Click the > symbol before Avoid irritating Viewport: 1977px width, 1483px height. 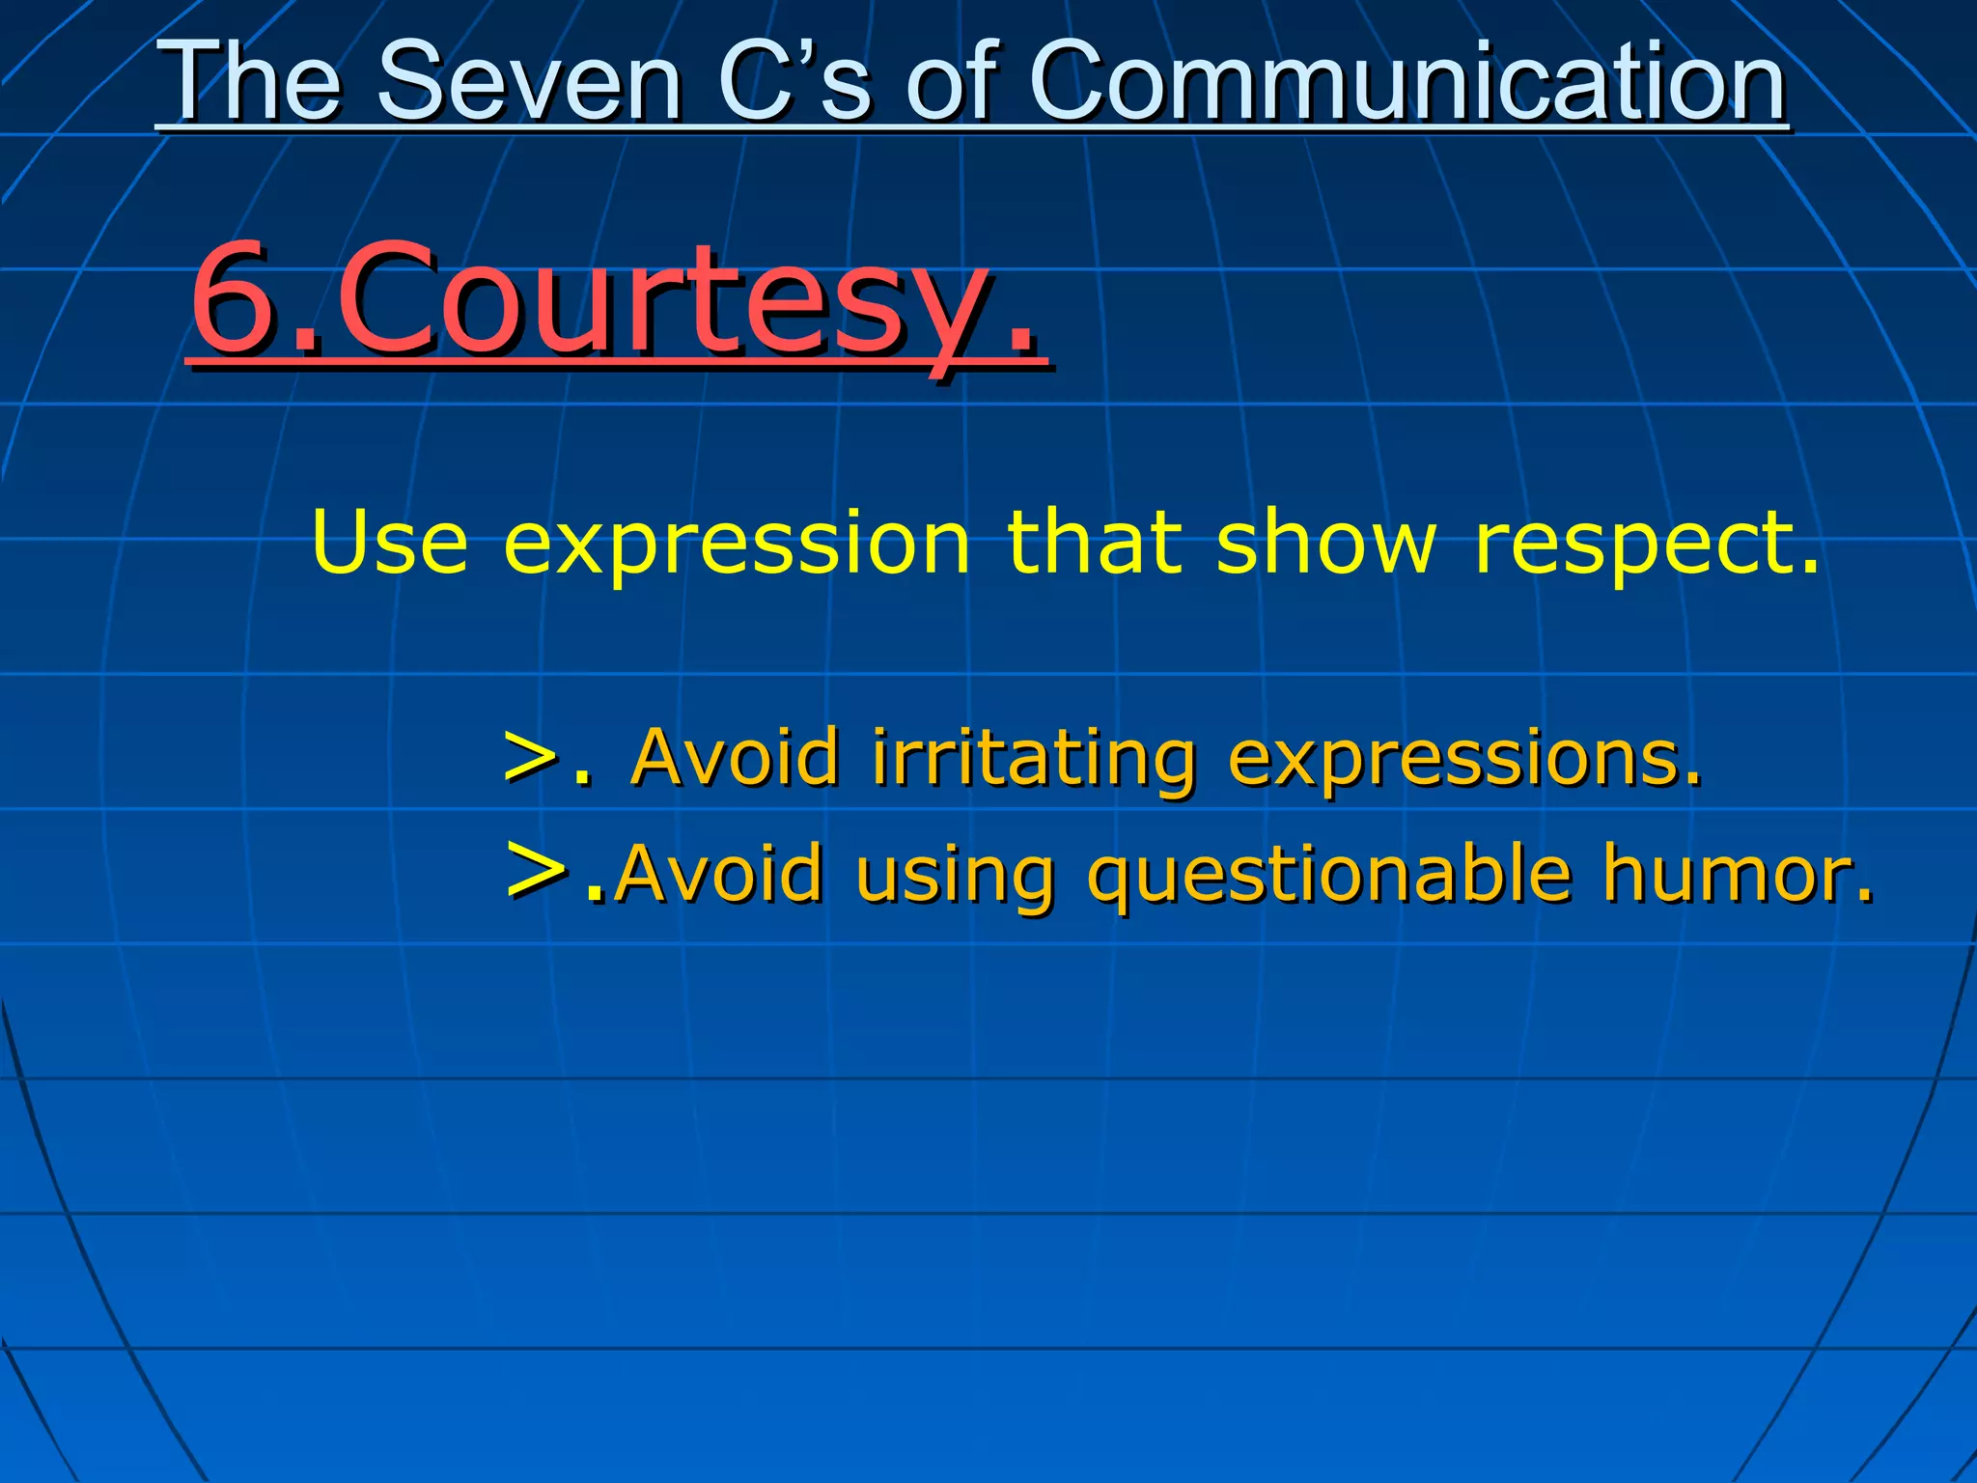[533, 759]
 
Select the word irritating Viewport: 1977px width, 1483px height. [1034, 759]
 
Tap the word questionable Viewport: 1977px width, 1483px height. [1328, 875]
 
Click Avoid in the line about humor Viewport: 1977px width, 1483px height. [718, 874]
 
